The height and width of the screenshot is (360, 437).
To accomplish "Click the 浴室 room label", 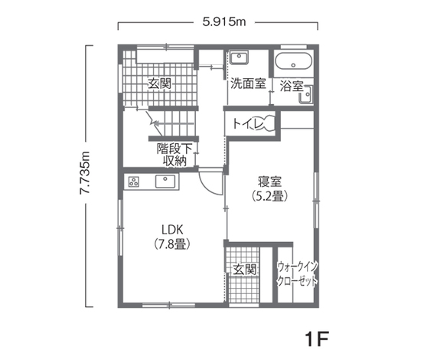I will click(291, 86).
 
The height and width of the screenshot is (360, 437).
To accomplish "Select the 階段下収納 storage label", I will click(174, 154).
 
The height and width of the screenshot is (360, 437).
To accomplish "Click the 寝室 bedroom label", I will click(269, 182).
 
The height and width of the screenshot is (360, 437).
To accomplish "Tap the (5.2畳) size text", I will click(269, 197).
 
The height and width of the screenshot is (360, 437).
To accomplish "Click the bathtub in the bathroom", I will click(292, 63).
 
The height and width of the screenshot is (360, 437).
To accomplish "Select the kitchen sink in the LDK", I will click(165, 182).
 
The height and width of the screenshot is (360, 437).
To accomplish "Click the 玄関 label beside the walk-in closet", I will click(245, 270).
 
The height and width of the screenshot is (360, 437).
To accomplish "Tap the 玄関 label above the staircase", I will click(159, 83).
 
